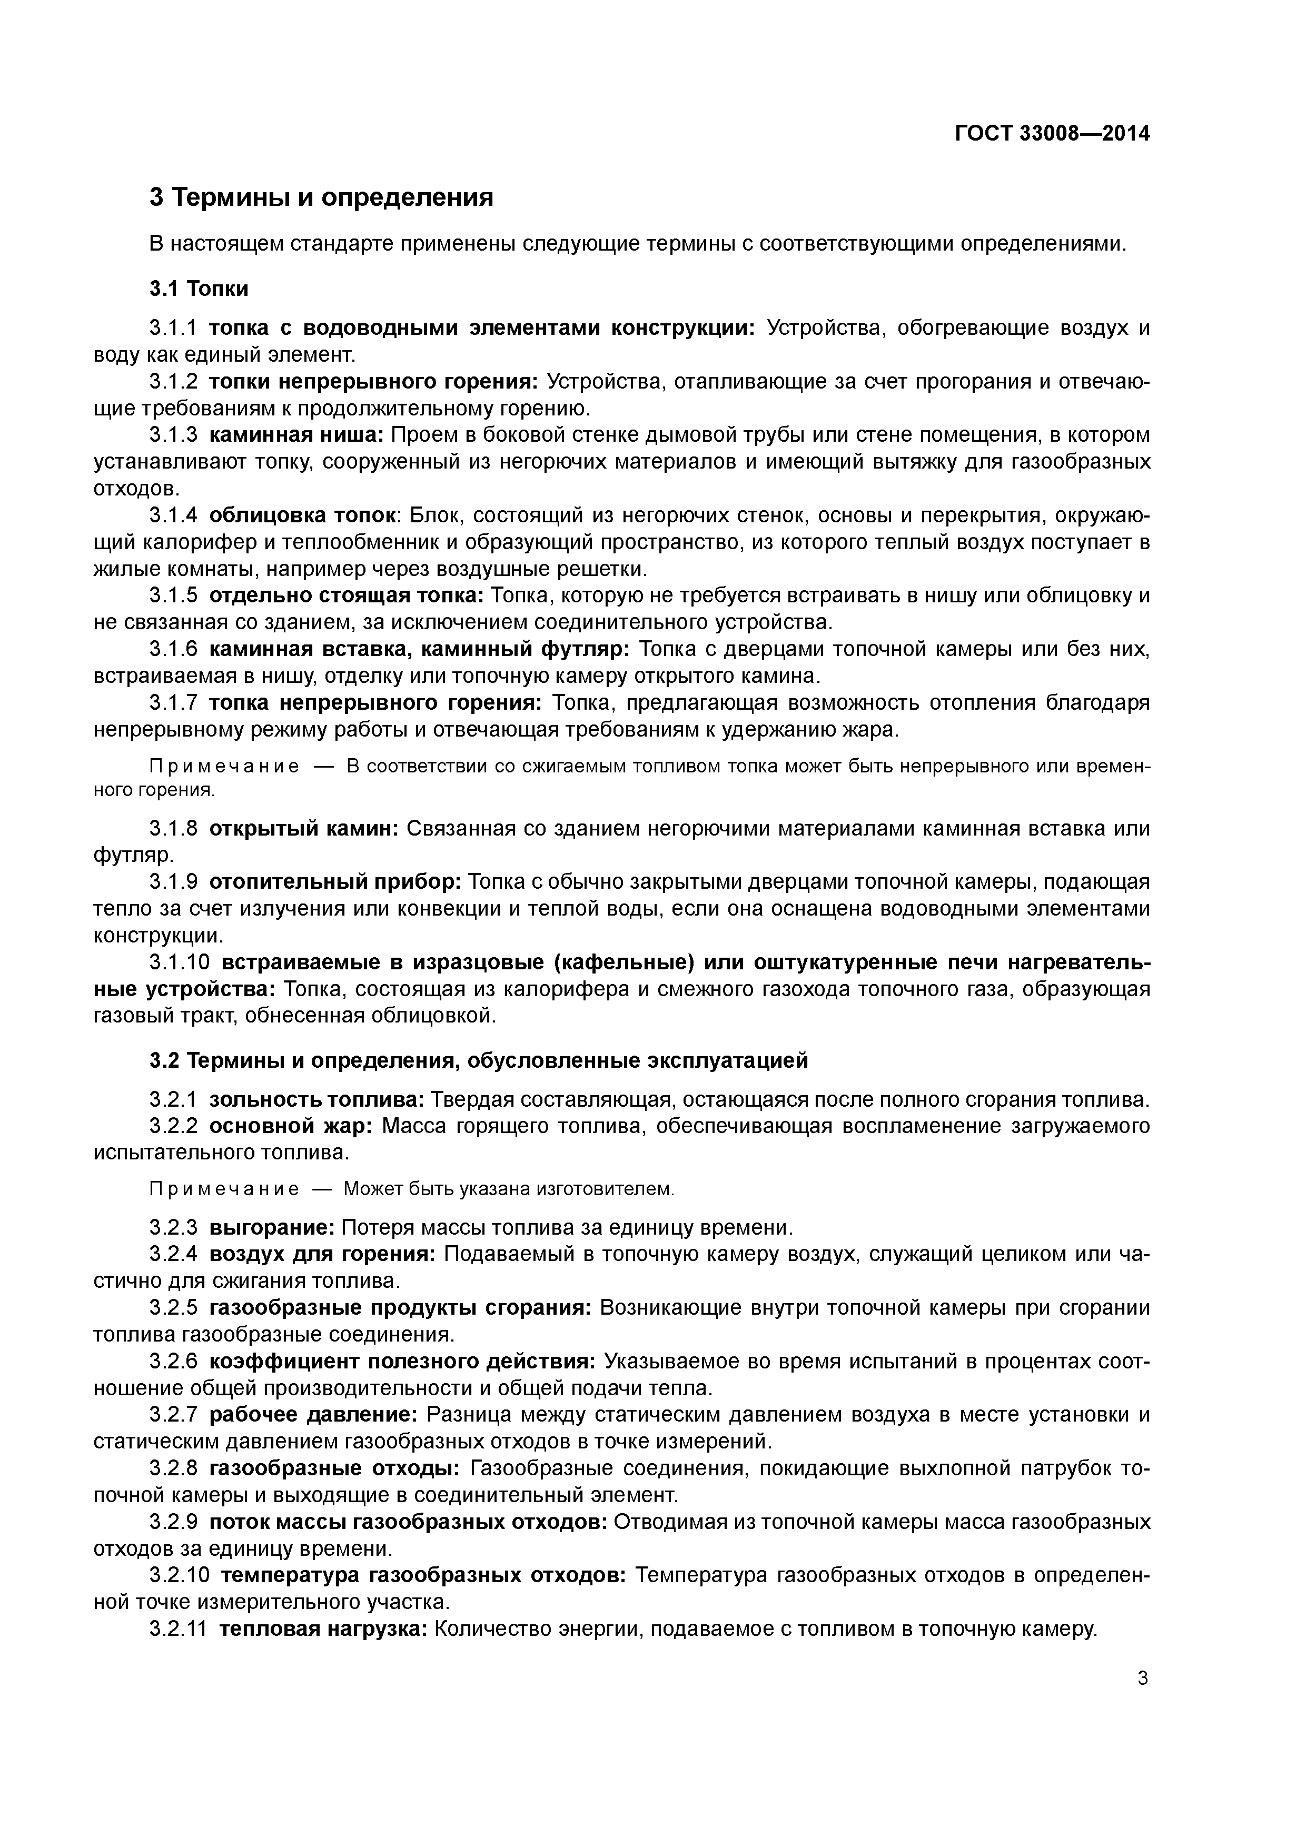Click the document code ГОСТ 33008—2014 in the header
point(1052,134)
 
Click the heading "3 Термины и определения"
point(321,197)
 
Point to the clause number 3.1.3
point(173,435)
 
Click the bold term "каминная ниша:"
point(296,435)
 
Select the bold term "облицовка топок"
point(303,515)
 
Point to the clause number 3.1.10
point(180,962)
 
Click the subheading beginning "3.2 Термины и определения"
point(478,1061)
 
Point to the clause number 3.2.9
point(173,1522)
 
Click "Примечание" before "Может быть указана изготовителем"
point(224,1189)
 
